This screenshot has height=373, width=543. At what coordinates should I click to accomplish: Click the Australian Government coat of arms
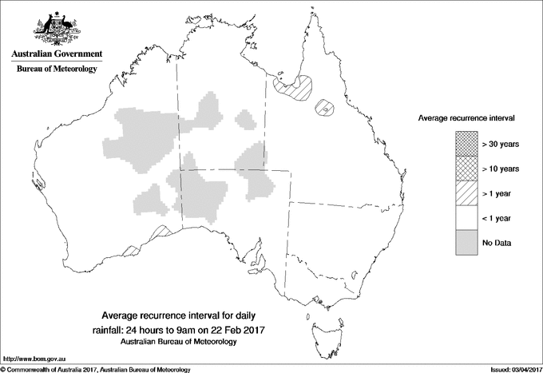coord(57,27)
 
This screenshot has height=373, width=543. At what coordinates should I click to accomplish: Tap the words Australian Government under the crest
coord(57,54)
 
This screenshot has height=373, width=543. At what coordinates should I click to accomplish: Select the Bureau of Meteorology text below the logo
coord(57,69)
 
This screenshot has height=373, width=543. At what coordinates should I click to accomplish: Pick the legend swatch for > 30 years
coord(466,144)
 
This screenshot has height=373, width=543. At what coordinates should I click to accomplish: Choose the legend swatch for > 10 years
coord(466,169)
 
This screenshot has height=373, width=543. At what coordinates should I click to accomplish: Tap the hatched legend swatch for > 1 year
coord(466,193)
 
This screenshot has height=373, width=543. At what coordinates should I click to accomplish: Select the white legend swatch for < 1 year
coord(466,218)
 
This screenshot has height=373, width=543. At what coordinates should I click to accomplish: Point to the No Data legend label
coord(497,243)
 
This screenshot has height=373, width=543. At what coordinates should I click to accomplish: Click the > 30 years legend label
coord(500,144)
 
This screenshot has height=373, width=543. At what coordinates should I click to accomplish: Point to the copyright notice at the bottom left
coord(96,368)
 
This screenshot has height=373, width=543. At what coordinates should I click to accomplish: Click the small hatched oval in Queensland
coord(325,108)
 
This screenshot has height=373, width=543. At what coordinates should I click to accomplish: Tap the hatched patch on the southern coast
coord(159,232)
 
